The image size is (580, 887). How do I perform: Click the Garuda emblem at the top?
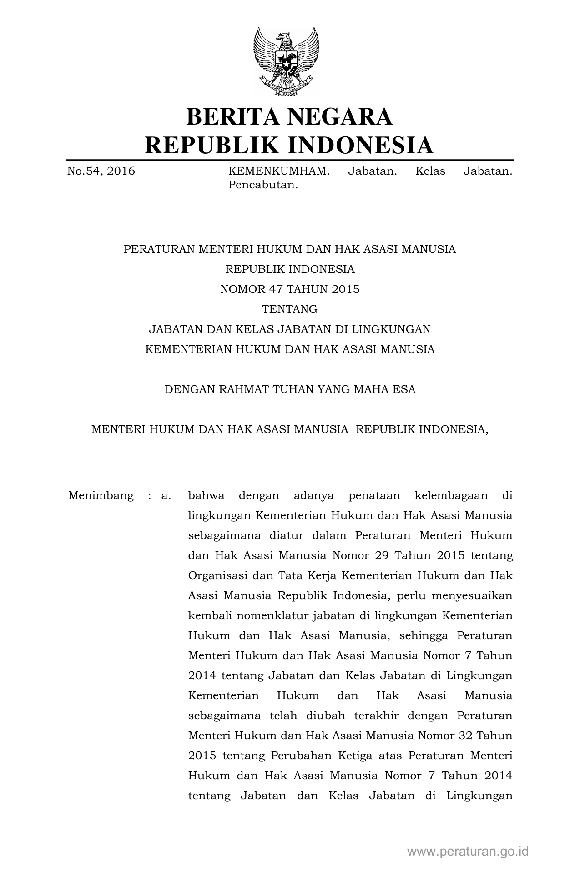286,61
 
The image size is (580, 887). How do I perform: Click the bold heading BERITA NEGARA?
289,116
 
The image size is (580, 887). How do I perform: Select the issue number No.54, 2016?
101,171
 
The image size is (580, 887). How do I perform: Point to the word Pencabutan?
263,185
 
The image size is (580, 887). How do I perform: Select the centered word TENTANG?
290,309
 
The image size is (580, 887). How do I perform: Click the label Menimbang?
101,495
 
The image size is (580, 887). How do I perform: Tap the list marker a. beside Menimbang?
166,495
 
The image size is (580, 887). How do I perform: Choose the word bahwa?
207,495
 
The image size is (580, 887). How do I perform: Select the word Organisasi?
217,575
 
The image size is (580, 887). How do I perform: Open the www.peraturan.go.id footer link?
468,852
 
